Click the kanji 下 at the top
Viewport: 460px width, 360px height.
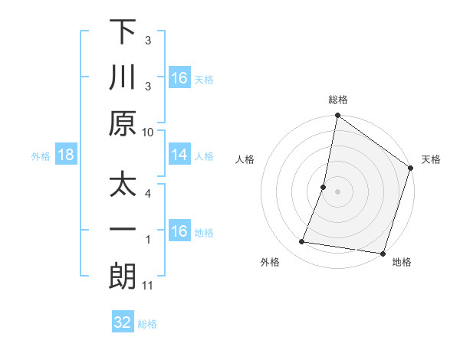pyautogui.click(x=122, y=32)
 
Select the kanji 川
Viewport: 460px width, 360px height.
pyautogui.click(x=122, y=77)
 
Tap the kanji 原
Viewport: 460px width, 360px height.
pyautogui.click(x=122, y=123)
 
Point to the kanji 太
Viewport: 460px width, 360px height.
pyautogui.click(x=122, y=186)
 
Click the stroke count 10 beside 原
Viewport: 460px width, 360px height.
pyautogui.click(x=148, y=131)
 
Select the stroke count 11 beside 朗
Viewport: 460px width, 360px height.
pyautogui.click(x=148, y=286)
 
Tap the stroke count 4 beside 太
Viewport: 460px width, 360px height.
pyautogui.click(x=148, y=193)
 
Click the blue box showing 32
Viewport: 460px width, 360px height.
pyautogui.click(x=123, y=322)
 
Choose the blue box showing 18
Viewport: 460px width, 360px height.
pyautogui.click(x=66, y=155)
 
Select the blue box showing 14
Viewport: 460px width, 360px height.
pyautogui.click(x=179, y=155)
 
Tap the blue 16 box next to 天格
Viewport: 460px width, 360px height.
pyautogui.click(x=179, y=78)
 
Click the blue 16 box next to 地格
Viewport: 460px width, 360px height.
pyautogui.click(x=179, y=232)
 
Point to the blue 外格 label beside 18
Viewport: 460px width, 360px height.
pyautogui.click(x=41, y=156)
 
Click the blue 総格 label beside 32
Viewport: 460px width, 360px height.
pyautogui.click(x=147, y=324)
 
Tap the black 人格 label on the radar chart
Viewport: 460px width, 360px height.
pyautogui.click(x=245, y=159)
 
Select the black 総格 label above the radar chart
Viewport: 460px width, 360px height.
pyautogui.click(x=338, y=100)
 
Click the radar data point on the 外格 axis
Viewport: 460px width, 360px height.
pyautogui.click(x=302, y=242)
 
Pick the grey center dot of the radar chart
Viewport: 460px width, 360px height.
pyautogui.click(x=337, y=191)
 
